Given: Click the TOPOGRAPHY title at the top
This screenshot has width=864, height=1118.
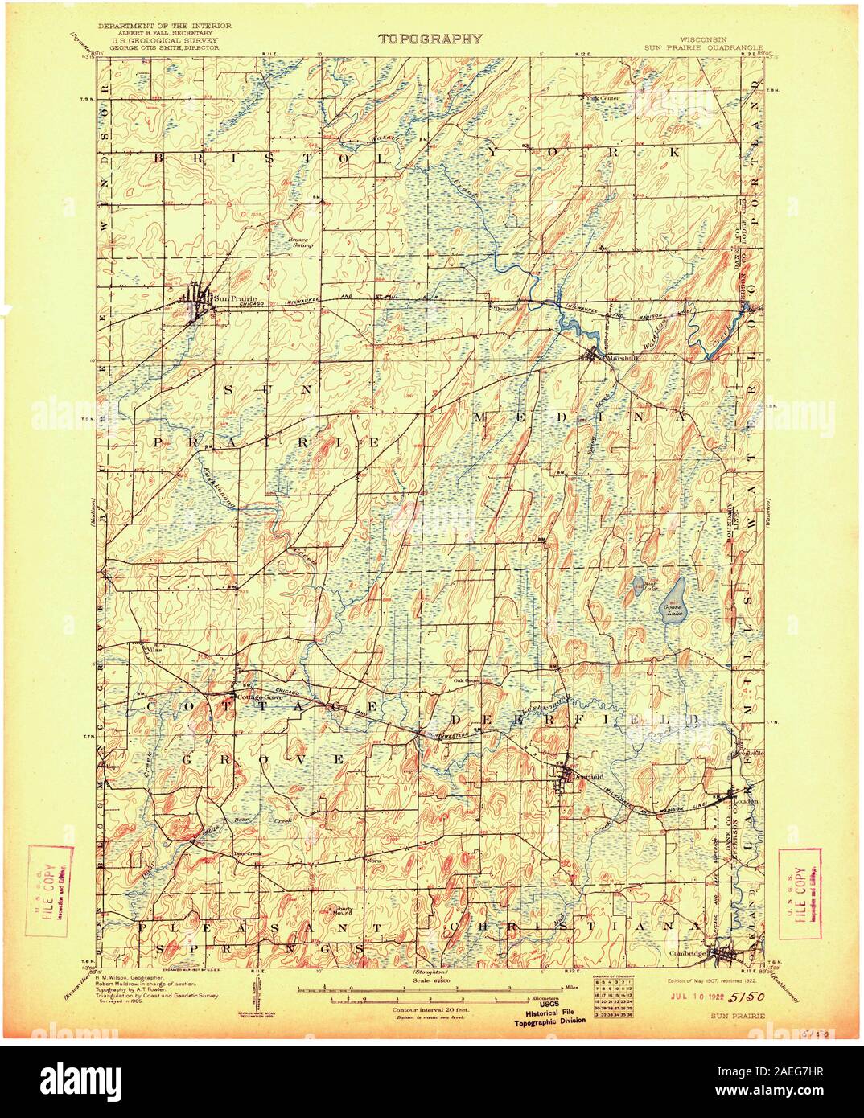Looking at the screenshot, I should (431, 38).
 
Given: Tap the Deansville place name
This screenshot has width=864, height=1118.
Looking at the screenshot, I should (508, 307).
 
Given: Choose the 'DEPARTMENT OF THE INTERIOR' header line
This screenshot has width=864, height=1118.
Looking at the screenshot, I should (165, 27).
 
